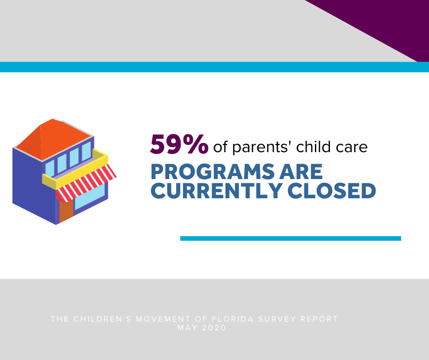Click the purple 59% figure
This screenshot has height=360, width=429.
coord(179,144)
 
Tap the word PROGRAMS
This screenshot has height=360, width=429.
coord(213,172)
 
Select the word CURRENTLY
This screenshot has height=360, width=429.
coord(216,191)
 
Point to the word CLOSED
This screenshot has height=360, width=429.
coord(332,191)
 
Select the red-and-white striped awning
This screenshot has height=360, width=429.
coord(86,183)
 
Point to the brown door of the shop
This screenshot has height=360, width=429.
coord(66,212)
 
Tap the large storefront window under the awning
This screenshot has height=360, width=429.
coord(90,196)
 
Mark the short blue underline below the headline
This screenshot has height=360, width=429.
coord(291,238)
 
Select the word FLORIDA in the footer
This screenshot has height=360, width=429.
coord(233,319)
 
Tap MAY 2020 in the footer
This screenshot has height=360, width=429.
coord(202,328)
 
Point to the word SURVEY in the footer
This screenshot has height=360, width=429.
coord(277,319)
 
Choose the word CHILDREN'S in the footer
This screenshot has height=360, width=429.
coord(103,319)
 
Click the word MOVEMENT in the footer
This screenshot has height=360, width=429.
coord(163,319)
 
